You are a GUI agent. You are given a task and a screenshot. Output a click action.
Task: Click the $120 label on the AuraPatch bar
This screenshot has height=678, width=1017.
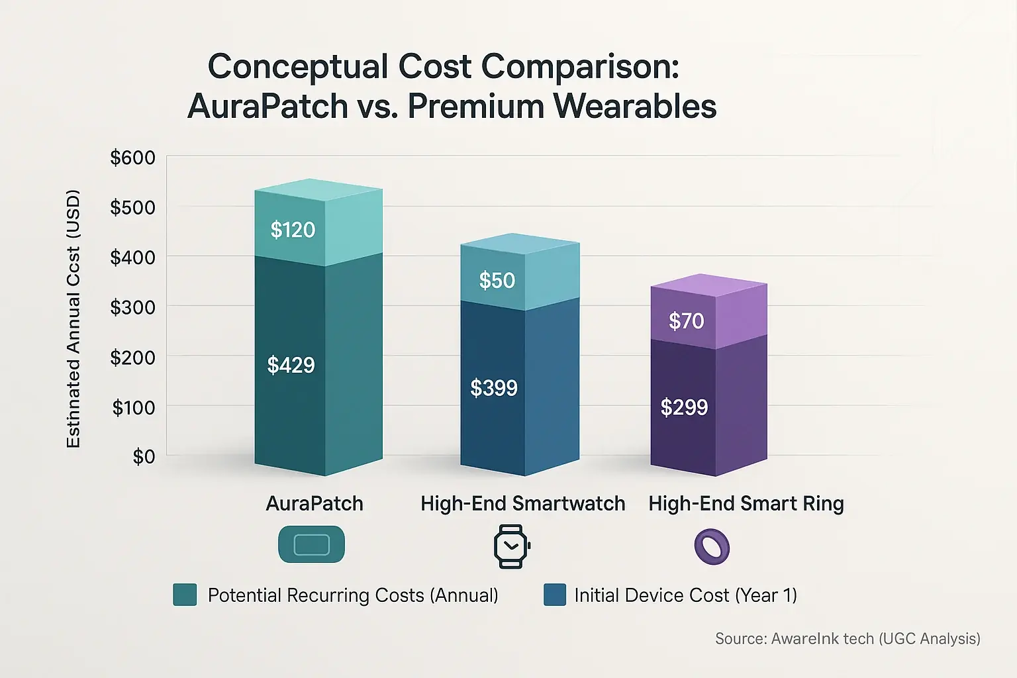coord(293,230)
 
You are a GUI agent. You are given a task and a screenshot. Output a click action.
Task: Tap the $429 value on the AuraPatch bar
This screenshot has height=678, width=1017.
coord(291,365)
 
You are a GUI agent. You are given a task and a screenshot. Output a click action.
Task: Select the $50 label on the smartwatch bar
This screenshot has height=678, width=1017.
coord(497,281)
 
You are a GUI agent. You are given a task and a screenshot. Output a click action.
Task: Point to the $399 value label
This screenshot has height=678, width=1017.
coord(493,388)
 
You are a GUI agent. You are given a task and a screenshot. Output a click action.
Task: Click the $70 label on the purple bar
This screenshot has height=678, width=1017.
coord(686,321)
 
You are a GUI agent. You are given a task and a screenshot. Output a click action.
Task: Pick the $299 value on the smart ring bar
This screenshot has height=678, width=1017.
coord(684,407)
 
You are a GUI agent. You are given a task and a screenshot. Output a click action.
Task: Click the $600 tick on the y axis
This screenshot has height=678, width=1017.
coord(132,158)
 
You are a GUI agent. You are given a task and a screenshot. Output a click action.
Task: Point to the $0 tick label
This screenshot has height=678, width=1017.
coord(144,457)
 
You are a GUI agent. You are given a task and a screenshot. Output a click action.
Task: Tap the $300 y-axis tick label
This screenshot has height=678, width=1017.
coord(132,307)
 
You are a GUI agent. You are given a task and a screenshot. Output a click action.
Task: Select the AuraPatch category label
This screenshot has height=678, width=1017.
coord(315,504)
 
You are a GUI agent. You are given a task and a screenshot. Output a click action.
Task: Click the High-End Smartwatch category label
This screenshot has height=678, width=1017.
coord(522,504)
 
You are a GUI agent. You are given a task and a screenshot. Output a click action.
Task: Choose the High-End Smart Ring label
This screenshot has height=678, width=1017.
coord(746,504)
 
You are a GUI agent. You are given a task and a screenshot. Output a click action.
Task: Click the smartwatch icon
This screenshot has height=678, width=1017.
coord(512,546)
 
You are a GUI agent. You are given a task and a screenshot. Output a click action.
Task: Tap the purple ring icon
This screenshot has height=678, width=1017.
coord(712,547)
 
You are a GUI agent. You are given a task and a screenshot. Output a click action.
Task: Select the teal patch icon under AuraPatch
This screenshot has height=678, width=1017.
coord(311,544)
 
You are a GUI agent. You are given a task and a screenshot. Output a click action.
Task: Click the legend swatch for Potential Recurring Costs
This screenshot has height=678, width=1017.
coord(185,595)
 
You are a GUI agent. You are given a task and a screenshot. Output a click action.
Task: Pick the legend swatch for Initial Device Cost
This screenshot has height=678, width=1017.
coord(554,595)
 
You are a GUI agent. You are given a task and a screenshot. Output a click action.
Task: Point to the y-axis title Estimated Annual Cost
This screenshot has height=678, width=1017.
coord(73,318)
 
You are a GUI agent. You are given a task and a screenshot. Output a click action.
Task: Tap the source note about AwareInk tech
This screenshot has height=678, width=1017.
coord(847,639)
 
